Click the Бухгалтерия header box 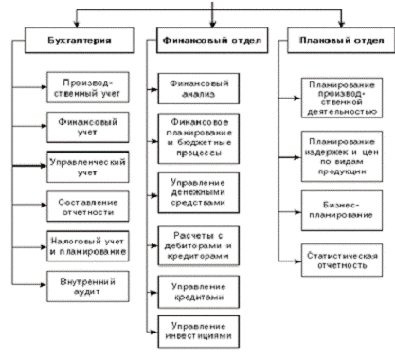(x=80, y=40)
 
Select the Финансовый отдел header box (x=212, y=40)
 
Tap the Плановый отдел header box (x=341, y=40)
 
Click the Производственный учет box (x=88, y=87)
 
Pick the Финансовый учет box (x=88, y=127)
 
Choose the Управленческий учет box (x=88, y=167)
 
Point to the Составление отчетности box (x=88, y=207)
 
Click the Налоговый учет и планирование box (x=88, y=246)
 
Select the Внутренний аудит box (x=88, y=286)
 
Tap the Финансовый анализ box (x=199, y=88)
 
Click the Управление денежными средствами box (x=199, y=192)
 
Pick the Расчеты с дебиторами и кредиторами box (x=199, y=245)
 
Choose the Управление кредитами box (x=199, y=292)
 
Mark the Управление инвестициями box (x=199, y=332)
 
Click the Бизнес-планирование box (x=342, y=210)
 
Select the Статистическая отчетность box (x=342, y=261)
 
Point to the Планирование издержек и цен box (x=342, y=156)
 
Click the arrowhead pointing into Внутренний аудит (x=44, y=285)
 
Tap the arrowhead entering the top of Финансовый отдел (x=212, y=24)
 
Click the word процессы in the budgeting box (x=199, y=153)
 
